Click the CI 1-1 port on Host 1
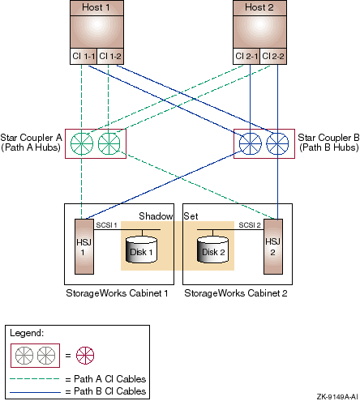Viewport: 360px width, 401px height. point(84,57)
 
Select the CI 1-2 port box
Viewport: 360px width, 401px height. point(110,57)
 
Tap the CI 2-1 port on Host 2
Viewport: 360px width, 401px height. point(246,57)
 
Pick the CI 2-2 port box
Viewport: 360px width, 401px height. point(273,57)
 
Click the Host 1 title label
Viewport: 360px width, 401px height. point(96,7)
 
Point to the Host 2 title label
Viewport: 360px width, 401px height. point(259,7)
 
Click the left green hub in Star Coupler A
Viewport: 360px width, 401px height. point(82,143)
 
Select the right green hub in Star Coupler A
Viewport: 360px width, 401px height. point(109,143)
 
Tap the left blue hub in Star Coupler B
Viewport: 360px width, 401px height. point(251,143)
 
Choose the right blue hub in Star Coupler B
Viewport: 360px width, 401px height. point(277,143)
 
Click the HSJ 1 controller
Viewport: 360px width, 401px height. point(84,246)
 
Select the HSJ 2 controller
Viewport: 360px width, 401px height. point(273,246)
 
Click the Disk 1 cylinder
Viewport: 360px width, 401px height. point(142,250)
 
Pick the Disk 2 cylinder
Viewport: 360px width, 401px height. point(212,250)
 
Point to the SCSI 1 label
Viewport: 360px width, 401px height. point(106,225)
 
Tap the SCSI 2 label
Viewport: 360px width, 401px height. point(250,225)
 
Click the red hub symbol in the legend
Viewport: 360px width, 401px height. point(85,356)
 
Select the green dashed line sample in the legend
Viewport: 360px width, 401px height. point(35,379)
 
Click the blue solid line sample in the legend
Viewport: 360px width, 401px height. point(35,392)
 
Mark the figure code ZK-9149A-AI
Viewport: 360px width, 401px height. point(337,397)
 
